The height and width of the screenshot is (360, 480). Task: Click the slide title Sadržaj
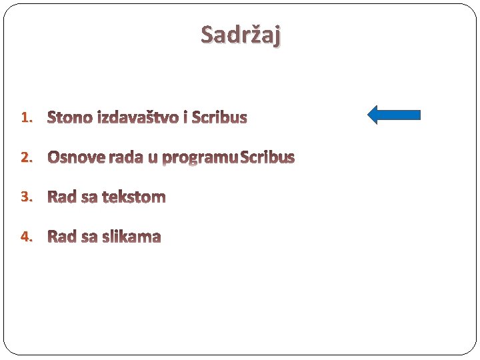tap(241, 35)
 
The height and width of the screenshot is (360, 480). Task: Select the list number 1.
tap(25, 118)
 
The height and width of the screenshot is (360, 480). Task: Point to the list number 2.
tap(25, 157)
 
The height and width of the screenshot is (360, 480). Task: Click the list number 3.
tap(25, 197)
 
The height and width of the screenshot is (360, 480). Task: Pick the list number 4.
tap(25, 237)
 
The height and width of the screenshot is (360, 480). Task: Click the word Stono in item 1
tap(71, 118)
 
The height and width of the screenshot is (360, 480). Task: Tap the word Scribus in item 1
tap(219, 118)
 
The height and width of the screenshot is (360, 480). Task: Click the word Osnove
tap(77, 157)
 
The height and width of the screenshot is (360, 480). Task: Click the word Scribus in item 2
tap(268, 157)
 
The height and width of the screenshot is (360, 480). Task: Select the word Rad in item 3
tap(62, 197)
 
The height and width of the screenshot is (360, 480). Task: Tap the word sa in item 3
tap(89, 197)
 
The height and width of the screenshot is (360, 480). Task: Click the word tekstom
tap(134, 197)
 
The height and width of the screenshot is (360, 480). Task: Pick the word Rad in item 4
tap(62, 237)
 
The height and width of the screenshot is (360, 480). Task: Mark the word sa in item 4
tap(89, 237)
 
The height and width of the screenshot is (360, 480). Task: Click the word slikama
tap(132, 237)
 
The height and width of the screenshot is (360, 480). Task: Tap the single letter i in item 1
tap(185, 118)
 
